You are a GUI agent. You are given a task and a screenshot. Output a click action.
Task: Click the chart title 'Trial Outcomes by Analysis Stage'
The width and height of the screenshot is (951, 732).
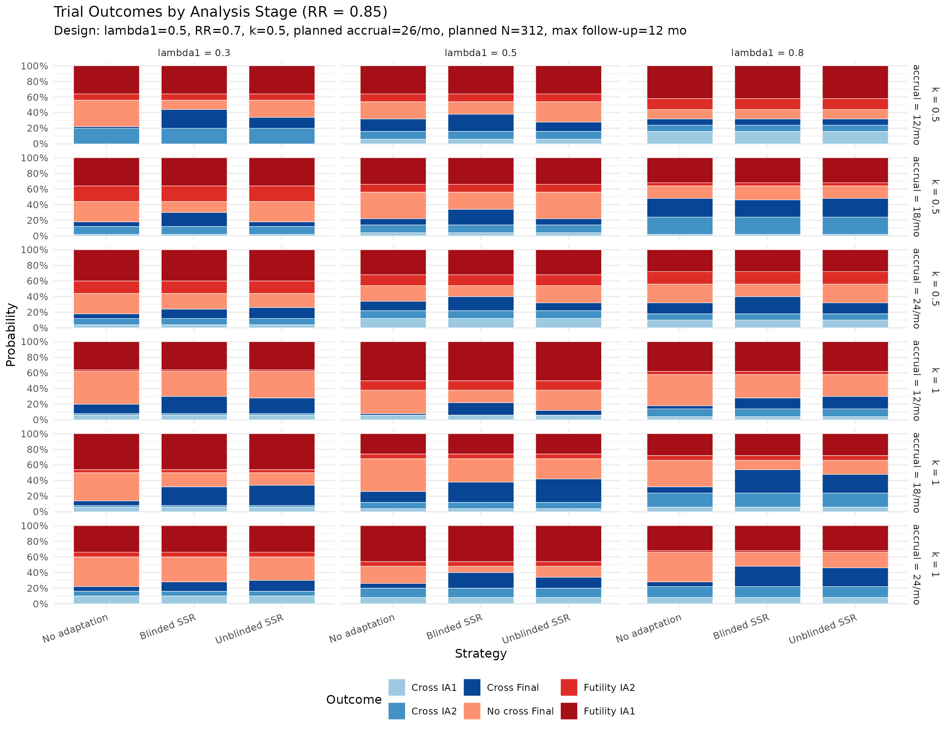(220, 12)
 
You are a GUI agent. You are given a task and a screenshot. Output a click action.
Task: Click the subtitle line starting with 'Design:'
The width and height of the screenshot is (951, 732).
(370, 31)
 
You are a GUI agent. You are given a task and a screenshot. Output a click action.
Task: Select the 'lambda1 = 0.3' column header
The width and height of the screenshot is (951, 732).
(194, 53)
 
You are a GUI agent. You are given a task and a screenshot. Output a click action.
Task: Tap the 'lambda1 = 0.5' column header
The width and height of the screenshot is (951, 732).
(480, 53)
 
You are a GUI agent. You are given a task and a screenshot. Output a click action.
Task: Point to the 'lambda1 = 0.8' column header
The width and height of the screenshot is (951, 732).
(767, 53)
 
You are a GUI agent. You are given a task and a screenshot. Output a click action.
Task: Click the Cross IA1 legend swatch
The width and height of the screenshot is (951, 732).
(396, 687)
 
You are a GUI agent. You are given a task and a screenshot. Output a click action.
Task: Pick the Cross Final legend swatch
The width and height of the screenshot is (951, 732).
(472, 687)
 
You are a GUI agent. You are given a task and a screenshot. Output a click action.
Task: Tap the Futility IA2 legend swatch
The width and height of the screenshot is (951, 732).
(569, 687)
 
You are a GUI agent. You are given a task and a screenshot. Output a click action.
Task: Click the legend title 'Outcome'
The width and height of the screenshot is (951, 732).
(354, 699)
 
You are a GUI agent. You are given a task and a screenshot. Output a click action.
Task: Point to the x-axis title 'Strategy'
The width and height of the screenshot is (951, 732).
(480, 653)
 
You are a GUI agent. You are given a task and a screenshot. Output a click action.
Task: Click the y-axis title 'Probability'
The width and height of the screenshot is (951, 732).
(11, 335)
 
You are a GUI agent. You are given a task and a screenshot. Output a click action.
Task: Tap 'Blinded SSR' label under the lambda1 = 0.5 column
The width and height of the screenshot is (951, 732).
(454, 626)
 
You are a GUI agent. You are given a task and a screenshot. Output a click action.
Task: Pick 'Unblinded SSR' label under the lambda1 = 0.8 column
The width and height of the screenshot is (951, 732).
(823, 628)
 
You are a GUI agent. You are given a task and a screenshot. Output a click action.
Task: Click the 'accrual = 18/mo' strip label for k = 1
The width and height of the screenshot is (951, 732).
(916, 473)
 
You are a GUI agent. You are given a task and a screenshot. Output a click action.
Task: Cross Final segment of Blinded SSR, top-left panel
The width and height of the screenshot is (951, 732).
(194, 119)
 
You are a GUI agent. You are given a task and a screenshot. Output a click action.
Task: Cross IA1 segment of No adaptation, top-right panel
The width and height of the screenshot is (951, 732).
(679, 138)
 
